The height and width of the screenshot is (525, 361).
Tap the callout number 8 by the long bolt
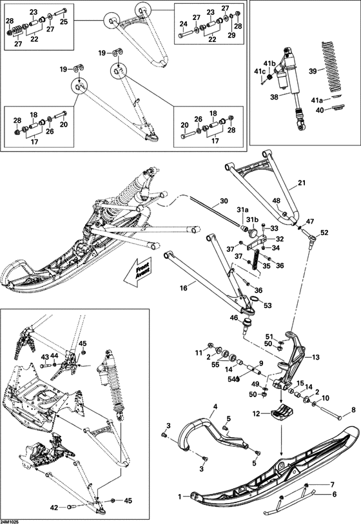pos(353,409)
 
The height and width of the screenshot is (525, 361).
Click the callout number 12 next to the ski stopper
pos(256,413)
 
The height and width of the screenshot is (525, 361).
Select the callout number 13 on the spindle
pos(316,357)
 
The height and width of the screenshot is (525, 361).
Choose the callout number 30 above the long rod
pos(224,201)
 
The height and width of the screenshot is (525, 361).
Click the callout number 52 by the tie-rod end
pos(324,232)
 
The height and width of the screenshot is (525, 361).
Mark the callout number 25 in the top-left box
pos(64,22)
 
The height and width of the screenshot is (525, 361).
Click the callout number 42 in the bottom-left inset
pos(55,507)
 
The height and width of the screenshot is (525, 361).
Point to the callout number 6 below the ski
pos(333,494)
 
